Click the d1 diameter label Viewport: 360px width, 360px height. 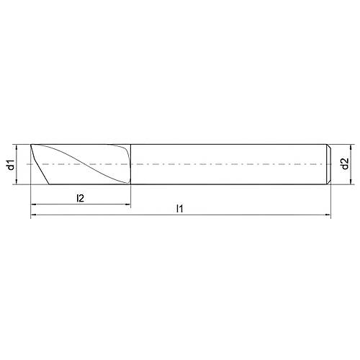(x=10, y=165)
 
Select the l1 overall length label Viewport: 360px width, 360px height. (x=181, y=209)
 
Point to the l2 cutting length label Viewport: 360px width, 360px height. (x=81, y=198)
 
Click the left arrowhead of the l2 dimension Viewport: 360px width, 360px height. (x=34, y=205)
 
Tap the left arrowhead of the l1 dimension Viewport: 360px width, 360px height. (x=34, y=215)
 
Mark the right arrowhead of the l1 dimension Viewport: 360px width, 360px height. (x=328, y=215)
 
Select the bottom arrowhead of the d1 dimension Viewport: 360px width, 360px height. (x=18, y=183)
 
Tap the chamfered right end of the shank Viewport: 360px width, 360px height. (x=329, y=164)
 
